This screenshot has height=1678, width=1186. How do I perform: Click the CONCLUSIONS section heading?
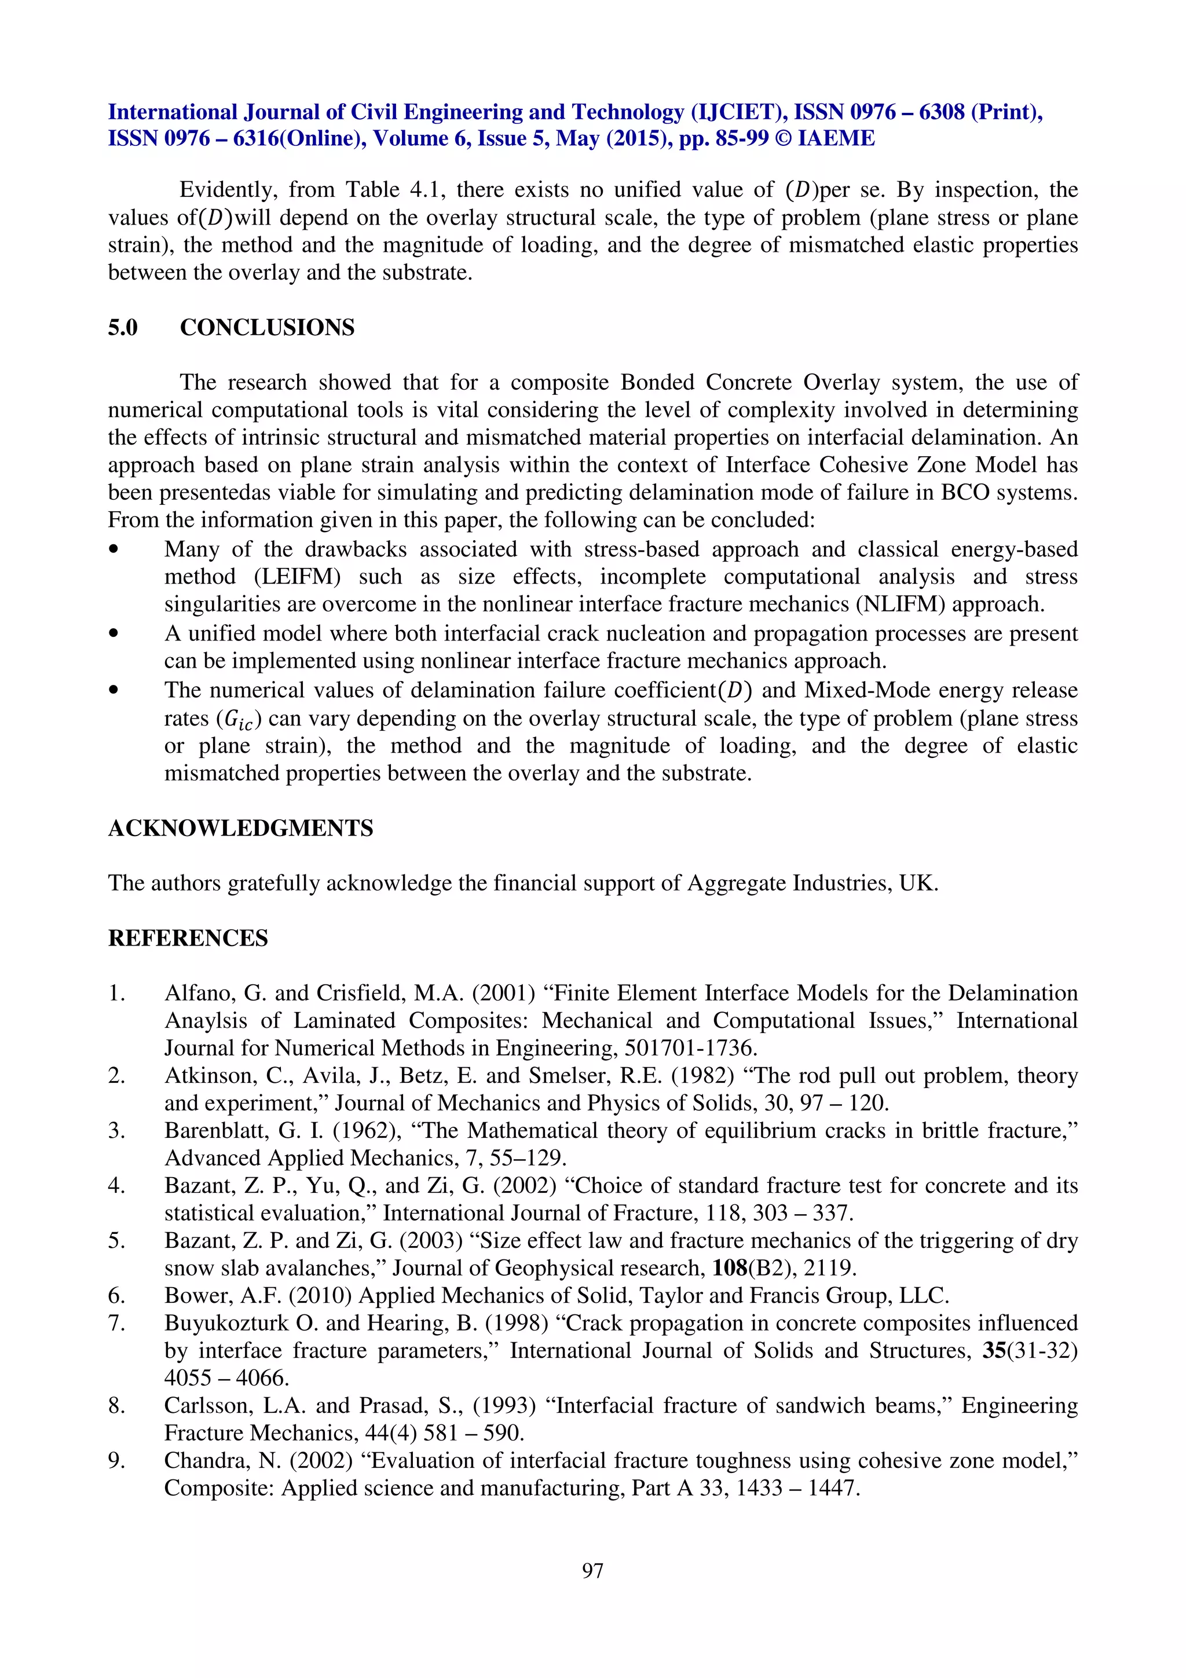coord(267,327)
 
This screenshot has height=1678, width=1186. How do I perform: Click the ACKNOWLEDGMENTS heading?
coord(240,828)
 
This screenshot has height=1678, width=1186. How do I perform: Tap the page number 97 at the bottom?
coord(592,1570)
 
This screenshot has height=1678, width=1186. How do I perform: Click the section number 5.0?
coord(123,327)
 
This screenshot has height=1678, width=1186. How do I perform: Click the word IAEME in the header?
coord(836,139)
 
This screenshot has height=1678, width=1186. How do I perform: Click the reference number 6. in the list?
coord(117,1296)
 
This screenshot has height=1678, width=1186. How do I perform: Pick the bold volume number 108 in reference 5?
coord(729,1268)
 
